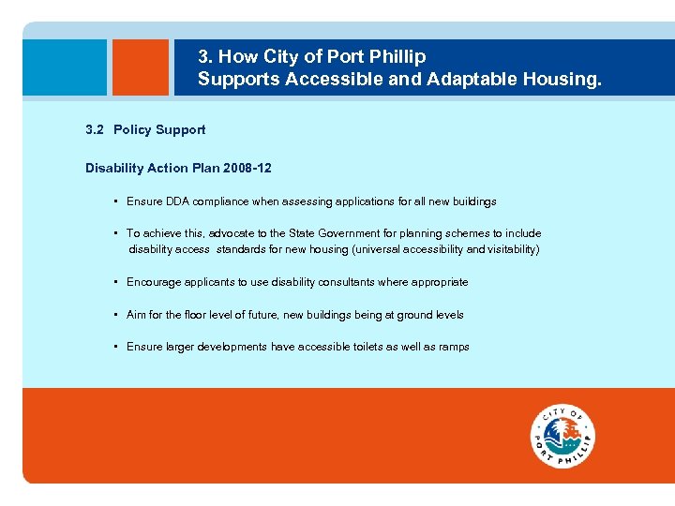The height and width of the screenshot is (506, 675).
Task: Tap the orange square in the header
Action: click(x=140, y=67)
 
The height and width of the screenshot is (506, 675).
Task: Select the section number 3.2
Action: click(x=94, y=130)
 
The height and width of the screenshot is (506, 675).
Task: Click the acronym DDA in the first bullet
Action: click(x=178, y=201)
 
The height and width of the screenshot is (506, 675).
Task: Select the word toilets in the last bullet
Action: click(x=372, y=347)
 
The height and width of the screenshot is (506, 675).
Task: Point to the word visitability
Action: click(x=506, y=249)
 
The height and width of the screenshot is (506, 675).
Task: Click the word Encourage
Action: click(x=154, y=282)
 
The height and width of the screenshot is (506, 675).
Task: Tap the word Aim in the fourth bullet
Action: click(x=137, y=315)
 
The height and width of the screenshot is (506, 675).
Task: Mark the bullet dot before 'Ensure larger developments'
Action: click(x=114, y=347)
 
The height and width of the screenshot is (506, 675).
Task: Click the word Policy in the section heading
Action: click(x=135, y=130)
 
